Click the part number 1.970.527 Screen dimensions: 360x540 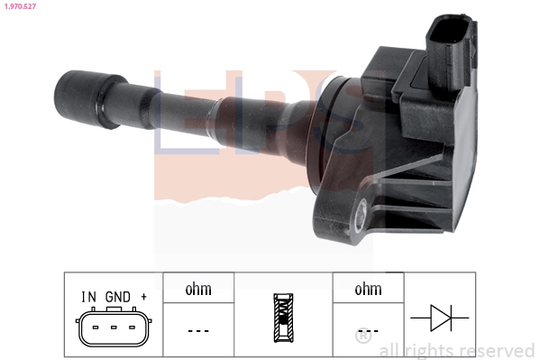(19, 6)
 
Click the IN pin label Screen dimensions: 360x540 (89, 297)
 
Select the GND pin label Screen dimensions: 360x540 (117, 297)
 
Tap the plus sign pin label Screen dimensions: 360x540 (143, 297)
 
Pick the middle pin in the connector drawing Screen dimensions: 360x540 (114, 327)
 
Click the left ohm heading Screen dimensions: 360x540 (198, 290)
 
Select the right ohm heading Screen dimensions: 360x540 (368, 290)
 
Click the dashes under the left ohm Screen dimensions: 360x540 (198, 330)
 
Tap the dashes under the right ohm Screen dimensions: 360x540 (369, 330)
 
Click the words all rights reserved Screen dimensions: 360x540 (457, 350)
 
